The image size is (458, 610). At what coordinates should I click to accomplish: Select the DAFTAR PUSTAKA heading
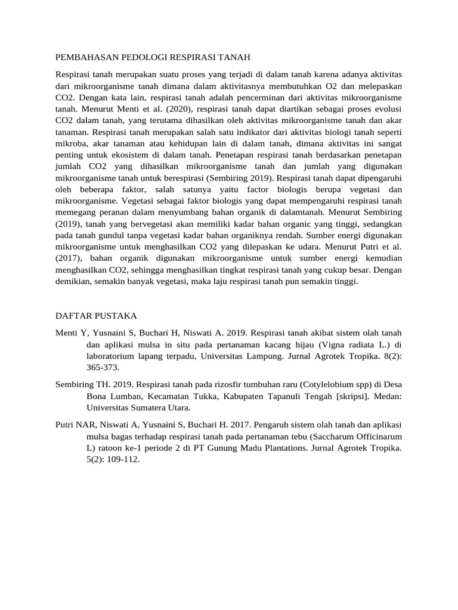97,315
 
